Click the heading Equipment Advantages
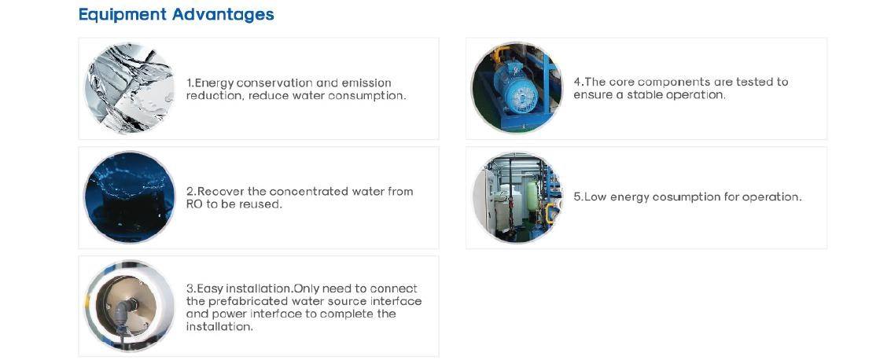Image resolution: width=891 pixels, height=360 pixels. (176, 15)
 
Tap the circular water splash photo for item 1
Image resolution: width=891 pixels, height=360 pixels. (130, 89)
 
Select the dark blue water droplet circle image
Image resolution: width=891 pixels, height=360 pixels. (130, 197)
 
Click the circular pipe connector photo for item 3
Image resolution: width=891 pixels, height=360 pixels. (130, 306)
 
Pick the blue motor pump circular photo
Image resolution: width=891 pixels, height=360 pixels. (517, 88)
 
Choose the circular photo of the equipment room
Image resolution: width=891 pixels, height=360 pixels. (517, 197)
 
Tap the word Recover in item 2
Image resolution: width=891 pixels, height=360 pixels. (219, 191)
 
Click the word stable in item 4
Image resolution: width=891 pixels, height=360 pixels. (644, 95)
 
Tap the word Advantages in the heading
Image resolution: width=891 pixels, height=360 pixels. (223, 15)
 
